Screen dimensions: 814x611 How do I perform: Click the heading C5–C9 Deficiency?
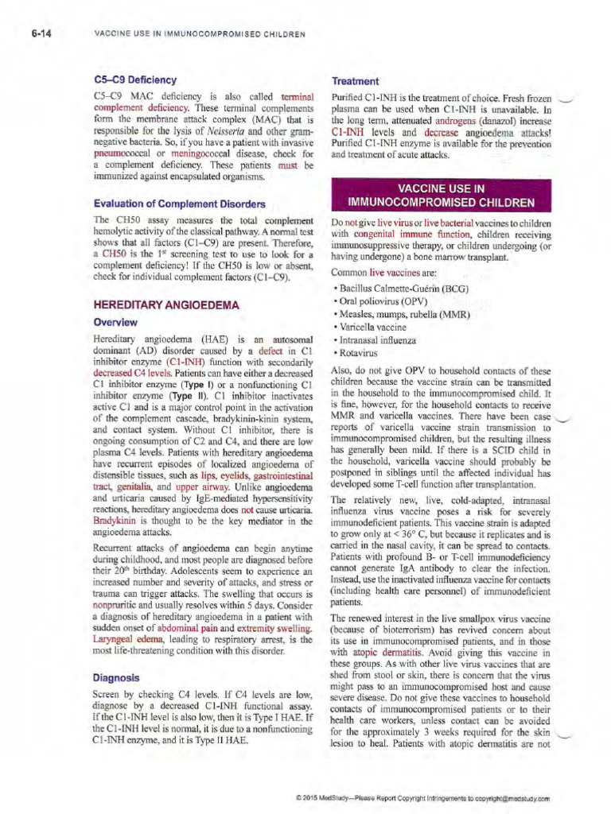point(134,79)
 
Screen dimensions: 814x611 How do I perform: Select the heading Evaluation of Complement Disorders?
point(179,203)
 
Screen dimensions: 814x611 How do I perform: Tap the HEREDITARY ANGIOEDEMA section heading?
point(166,304)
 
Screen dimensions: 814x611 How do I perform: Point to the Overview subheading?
point(115,322)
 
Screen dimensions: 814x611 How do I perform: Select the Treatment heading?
point(355,81)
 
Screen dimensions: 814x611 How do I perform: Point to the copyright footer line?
point(422,797)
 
